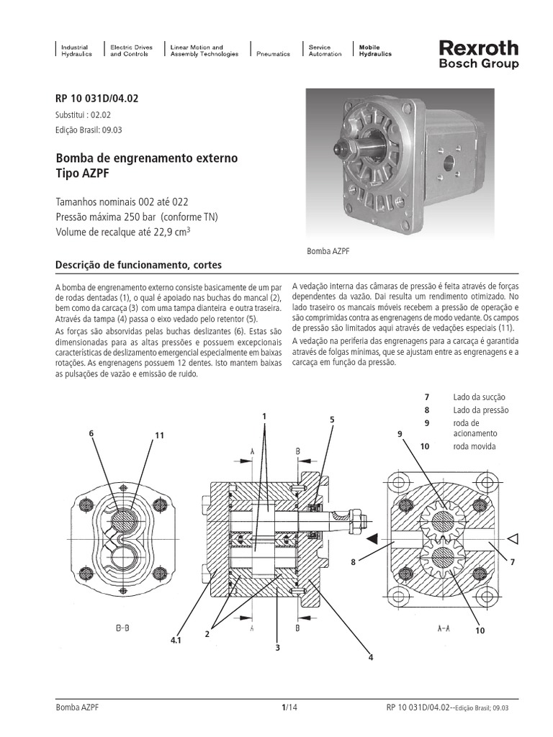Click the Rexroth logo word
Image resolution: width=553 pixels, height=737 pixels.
(477, 48)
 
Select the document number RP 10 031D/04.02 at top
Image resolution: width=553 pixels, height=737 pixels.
(96, 100)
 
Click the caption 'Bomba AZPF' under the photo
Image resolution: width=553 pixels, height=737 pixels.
(328, 252)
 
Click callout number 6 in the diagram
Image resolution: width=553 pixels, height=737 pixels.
(91, 433)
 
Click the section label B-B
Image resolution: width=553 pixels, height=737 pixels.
(122, 628)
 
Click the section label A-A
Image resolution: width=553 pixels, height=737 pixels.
(444, 628)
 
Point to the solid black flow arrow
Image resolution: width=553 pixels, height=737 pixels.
(372, 538)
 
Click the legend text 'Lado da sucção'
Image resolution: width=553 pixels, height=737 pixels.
(480, 397)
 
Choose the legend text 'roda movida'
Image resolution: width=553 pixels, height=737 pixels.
(475, 446)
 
